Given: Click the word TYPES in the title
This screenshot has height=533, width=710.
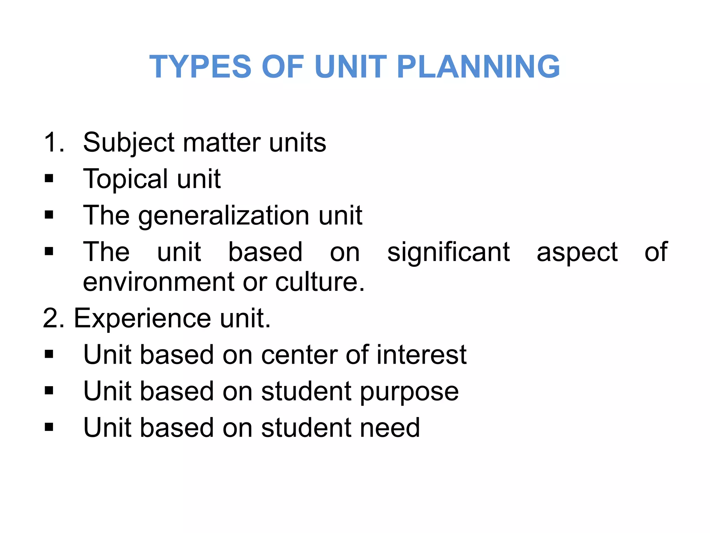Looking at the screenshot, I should point(200,67).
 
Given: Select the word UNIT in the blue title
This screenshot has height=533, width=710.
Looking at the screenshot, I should point(350,67).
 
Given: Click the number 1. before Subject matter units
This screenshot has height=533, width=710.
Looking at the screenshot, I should point(54,142).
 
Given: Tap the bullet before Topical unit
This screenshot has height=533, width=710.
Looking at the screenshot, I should point(49,179).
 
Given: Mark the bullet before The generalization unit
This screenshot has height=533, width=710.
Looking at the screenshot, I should point(49,215).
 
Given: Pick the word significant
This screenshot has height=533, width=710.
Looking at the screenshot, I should point(448,252).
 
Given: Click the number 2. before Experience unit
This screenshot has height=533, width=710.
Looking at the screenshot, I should point(54,318).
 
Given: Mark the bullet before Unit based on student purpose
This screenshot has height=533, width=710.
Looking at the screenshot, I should point(49,391).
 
